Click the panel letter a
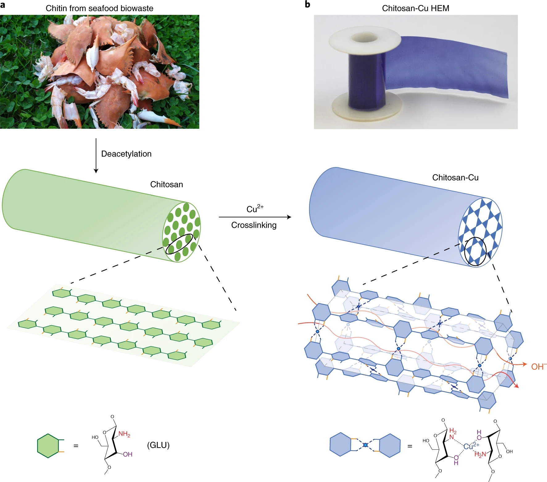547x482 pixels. pos(3,5)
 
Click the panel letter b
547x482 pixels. pos(307,4)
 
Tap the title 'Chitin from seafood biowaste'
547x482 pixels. pos(99,8)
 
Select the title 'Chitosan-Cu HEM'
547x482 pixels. pos(415,8)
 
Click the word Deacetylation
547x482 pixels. pos(126,154)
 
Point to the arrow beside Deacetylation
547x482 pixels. pos(96,156)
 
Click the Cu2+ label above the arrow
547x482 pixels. pos(255,209)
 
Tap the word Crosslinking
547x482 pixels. pos(254,225)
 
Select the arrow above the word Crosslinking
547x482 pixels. pos(255,217)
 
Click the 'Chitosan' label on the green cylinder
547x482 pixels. pos(166,185)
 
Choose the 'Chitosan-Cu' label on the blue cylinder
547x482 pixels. pos(455,177)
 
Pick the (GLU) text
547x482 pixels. pos(158,445)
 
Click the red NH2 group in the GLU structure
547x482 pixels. pos(124,434)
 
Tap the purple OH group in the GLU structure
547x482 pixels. pos(127,454)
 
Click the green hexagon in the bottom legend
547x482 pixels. pos(48,446)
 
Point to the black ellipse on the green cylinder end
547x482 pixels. pos(179,244)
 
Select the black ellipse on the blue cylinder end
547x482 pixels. pos(475,251)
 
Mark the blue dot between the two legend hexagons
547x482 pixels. pos(365,445)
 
